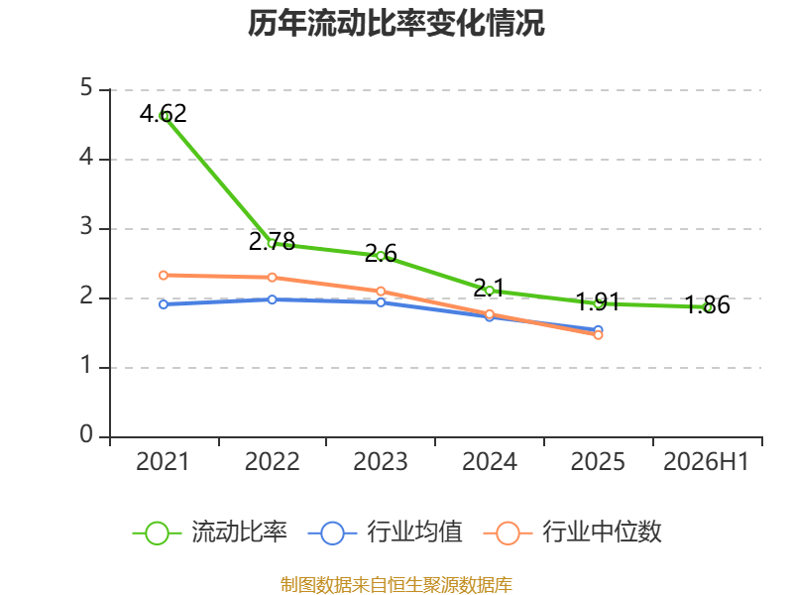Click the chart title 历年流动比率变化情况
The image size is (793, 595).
click(396, 23)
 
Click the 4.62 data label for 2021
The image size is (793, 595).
click(164, 113)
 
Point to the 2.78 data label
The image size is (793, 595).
click(272, 241)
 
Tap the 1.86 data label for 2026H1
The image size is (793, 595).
click(707, 305)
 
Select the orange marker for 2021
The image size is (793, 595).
click(164, 276)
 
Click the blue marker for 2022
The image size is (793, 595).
click(272, 299)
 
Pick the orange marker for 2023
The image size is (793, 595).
click(381, 292)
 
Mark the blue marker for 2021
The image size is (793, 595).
click(164, 304)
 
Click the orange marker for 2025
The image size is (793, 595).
click(599, 335)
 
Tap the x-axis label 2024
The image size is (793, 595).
click(490, 462)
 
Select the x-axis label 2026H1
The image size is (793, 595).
click(706, 462)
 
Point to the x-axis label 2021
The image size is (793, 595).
click(163, 462)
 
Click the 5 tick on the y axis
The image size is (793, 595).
click(86, 88)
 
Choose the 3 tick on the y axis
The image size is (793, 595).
click(86, 227)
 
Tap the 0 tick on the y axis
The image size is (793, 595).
click(86, 434)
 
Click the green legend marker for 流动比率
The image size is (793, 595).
click(157, 534)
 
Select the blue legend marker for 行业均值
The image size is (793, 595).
click(332, 534)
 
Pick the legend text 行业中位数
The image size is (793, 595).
click(603, 532)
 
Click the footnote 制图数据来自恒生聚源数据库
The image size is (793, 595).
click(396, 584)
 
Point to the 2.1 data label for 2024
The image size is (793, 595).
click(489, 288)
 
